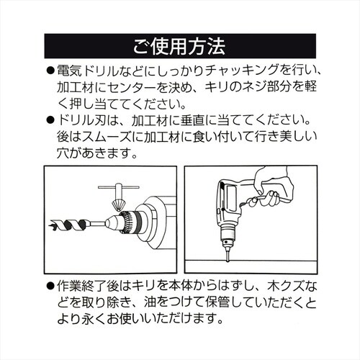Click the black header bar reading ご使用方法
(x=180, y=47)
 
